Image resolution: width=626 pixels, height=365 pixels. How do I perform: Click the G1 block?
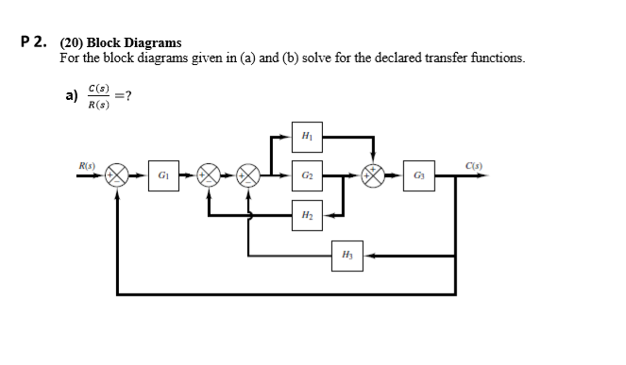tap(164, 175)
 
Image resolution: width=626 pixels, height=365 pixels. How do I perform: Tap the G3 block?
tap(417, 175)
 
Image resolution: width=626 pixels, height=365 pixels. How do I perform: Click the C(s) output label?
tap(476, 167)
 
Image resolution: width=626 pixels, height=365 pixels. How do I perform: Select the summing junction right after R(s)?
tap(117, 175)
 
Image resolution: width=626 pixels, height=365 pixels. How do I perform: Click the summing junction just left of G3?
tap(375, 175)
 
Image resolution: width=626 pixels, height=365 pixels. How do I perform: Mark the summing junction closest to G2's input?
tap(250, 175)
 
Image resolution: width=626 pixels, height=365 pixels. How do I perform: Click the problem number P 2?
tap(35, 41)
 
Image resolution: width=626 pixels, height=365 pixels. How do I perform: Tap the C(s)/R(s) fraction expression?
tap(97, 96)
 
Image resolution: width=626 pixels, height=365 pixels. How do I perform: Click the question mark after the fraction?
tap(126, 96)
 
